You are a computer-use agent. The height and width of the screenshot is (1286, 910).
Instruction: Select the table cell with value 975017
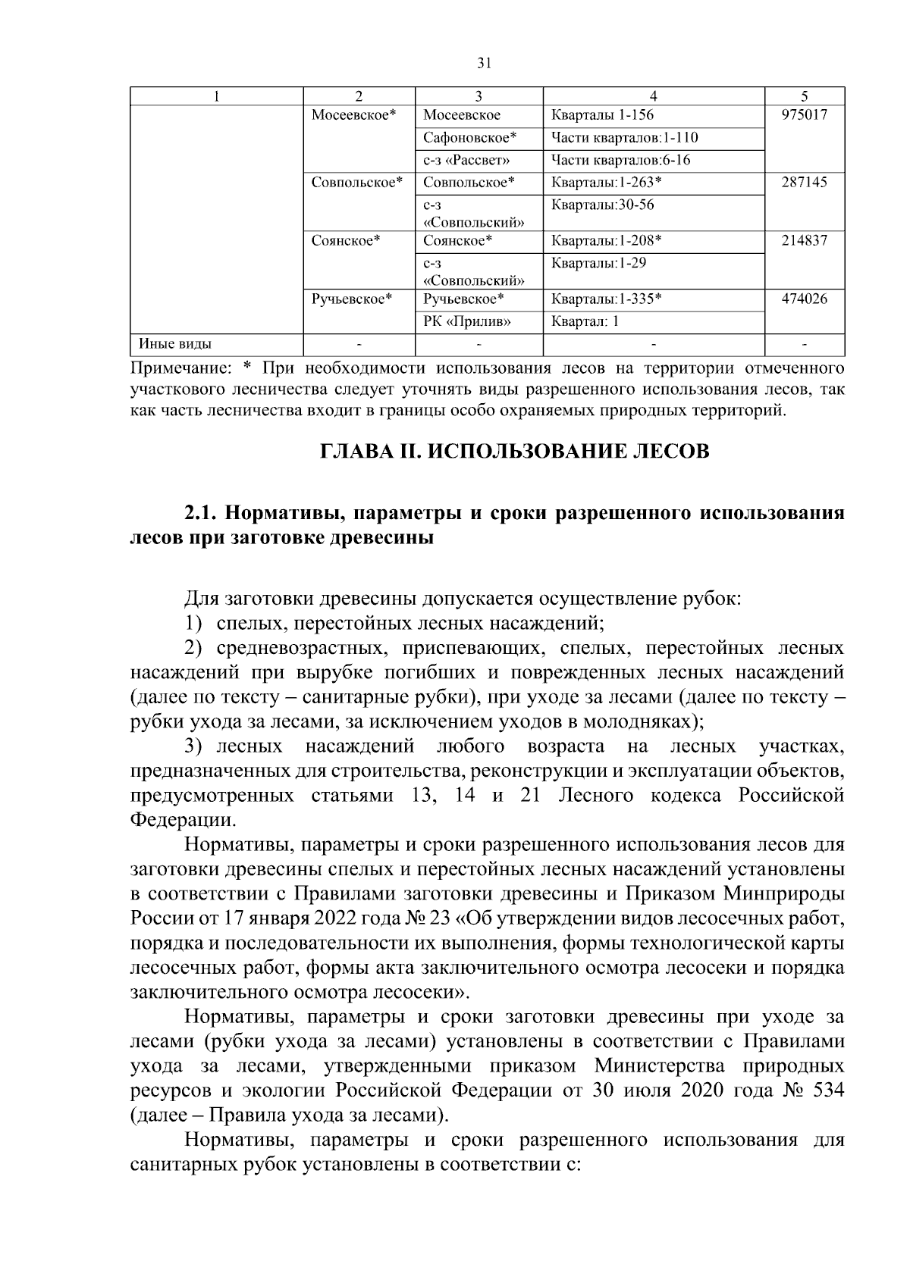(x=804, y=115)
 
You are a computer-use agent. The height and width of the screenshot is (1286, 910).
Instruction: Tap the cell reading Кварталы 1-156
(x=602, y=115)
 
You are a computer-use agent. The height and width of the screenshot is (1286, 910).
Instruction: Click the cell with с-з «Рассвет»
(x=466, y=161)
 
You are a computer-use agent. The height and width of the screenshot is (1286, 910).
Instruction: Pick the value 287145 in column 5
(x=804, y=183)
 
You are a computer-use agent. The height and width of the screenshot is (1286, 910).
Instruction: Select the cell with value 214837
(x=804, y=241)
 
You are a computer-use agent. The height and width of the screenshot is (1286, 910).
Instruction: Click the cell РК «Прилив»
(x=467, y=321)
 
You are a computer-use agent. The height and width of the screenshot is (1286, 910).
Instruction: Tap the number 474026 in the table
(x=804, y=299)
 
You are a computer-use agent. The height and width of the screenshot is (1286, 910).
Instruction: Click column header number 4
(x=654, y=96)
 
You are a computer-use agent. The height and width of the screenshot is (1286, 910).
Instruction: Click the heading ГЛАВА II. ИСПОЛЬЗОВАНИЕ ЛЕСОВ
(x=515, y=452)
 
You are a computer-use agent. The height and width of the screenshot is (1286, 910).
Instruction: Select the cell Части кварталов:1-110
(x=624, y=138)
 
